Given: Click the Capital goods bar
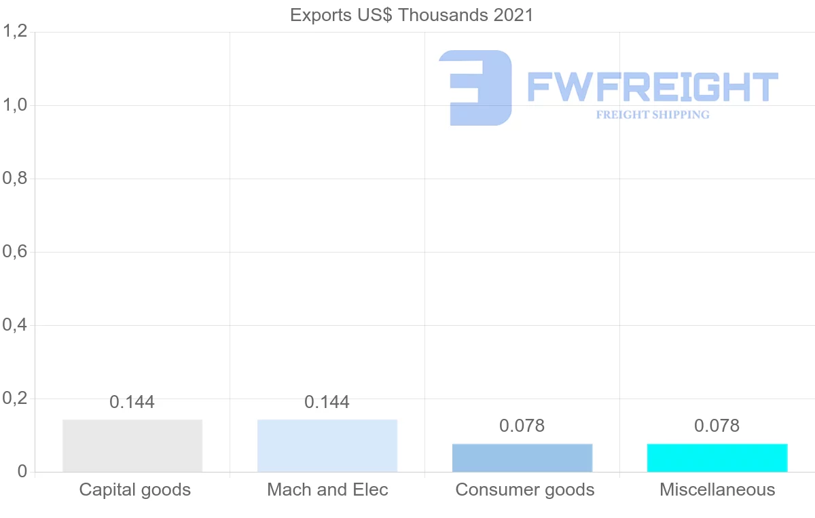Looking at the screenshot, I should coord(132,445).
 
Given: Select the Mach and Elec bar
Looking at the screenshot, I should coord(327,445).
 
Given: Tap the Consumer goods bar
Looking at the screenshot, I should coord(522,458).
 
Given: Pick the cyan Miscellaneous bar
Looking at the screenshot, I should coord(717,458).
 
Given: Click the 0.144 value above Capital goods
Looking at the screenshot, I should coord(132,402).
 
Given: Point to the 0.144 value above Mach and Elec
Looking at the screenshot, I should coord(327,402).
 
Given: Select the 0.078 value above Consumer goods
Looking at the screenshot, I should coord(522,426).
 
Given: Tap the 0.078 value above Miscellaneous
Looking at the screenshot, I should coord(717,426).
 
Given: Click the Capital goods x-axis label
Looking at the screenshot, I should coord(135,489).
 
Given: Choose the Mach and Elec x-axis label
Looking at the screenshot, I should coord(327,489).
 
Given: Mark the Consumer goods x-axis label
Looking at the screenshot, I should coord(525,489).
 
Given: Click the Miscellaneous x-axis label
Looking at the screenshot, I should coord(717,489).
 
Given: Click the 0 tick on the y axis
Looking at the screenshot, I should coord(22,472).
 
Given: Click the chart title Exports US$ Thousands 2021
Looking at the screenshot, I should coord(412,15).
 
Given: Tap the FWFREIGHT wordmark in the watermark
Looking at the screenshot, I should coord(652,88).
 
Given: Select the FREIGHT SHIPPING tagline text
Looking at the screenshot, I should coord(653,115).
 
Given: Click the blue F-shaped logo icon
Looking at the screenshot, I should coord(475,88).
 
